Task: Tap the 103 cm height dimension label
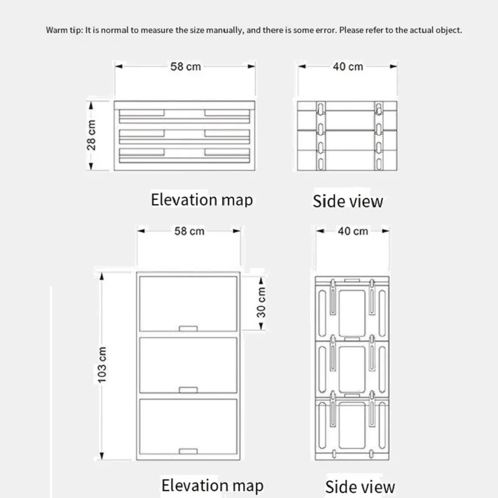(103, 364)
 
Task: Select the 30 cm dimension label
(261, 302)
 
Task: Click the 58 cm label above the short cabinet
(186, 66)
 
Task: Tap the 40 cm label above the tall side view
(353, 231)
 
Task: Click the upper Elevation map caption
(202, 200)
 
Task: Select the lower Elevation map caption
(212, 486)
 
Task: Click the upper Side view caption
(348, 201)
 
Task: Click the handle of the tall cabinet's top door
(187, 327)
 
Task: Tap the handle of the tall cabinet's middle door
(187, 390)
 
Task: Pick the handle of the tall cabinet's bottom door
(187, 450)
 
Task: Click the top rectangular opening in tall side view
(353, 309)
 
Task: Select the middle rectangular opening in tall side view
(353, 367)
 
